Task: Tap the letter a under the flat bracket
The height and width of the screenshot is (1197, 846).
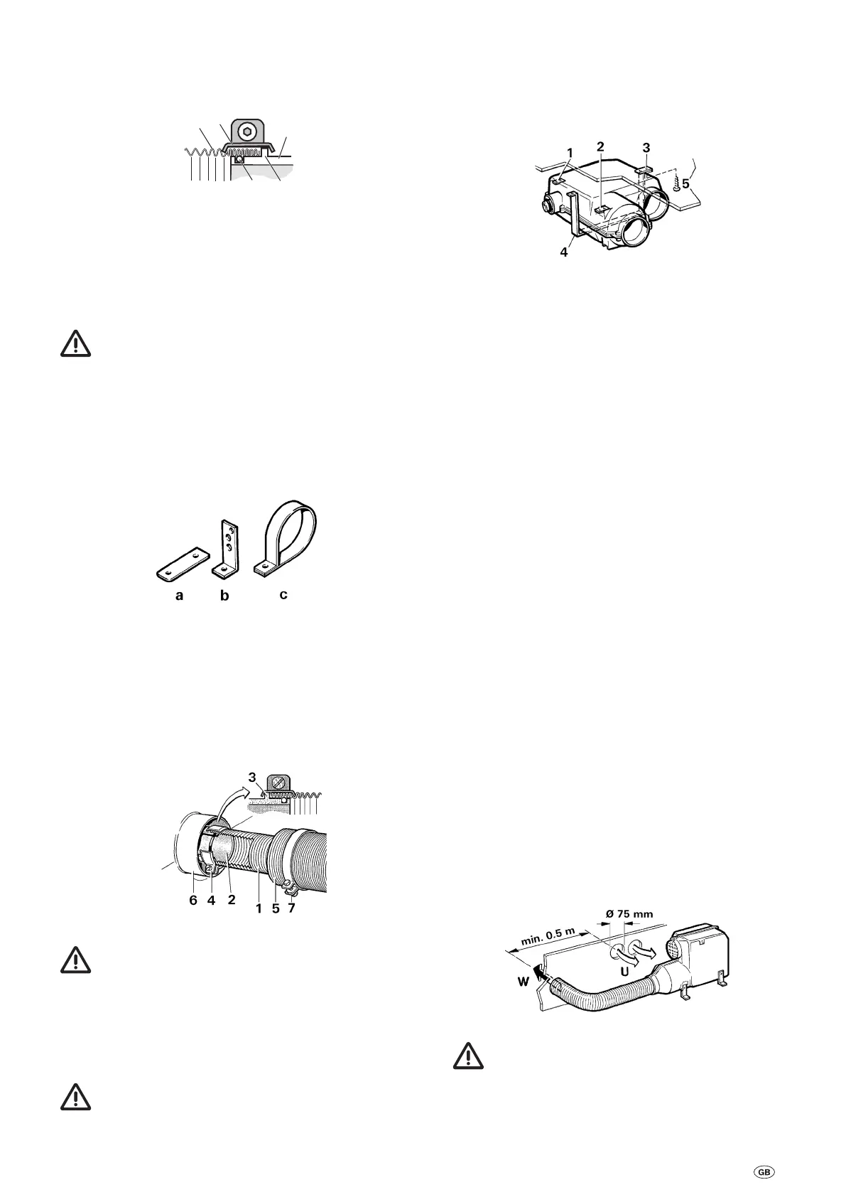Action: pos(179,595)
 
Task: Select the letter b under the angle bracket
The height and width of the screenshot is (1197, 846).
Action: pos(224,596)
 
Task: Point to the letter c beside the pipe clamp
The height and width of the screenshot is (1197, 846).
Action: pos(283,594)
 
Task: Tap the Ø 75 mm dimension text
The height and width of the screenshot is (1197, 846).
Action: pos(625,913)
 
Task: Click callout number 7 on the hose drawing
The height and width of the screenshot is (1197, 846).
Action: pos(292,908)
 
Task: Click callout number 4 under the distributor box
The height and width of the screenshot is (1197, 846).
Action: pos(564,252)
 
